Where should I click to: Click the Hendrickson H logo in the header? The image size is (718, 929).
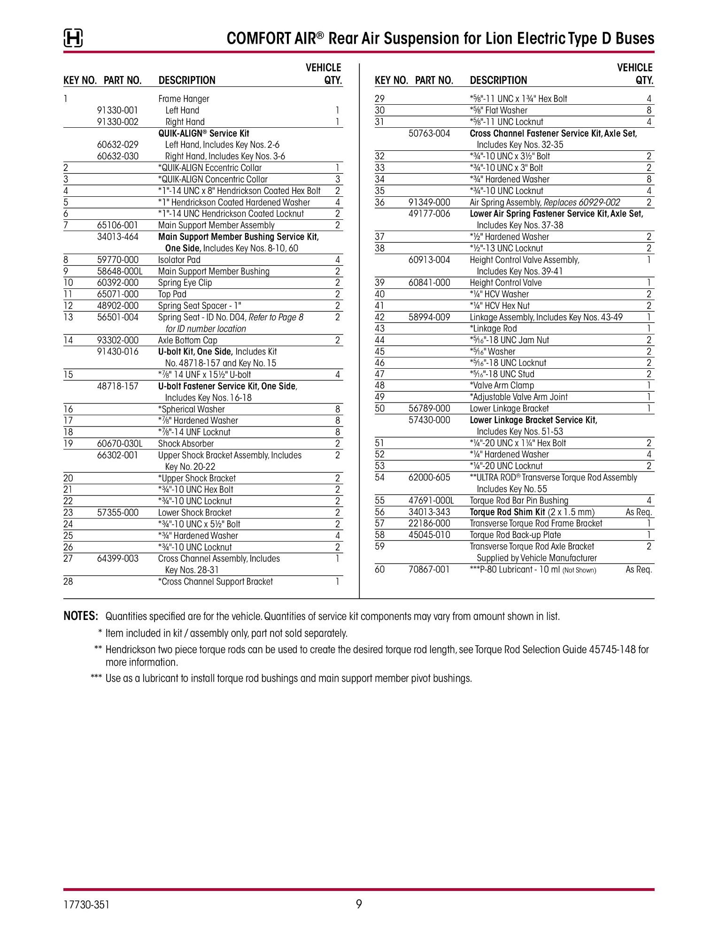(73, 38)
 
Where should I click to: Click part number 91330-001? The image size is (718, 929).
(117, 110)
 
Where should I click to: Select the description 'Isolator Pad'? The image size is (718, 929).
(179, 260)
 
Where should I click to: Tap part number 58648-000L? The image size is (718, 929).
(119, 271)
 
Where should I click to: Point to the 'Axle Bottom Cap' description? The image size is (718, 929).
(187, 340)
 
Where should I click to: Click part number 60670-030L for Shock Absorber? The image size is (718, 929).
(119, 444)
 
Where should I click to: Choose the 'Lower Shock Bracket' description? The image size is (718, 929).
(194, 512)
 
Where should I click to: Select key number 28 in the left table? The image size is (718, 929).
(68, 581)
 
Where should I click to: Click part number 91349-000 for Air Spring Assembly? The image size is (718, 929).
(429, 202)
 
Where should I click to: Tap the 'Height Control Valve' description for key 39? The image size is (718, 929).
(505, 283)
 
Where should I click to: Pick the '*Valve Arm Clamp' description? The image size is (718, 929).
(502, 386)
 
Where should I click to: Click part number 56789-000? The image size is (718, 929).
(429, 409)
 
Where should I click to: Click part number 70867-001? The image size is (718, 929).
(429, 570)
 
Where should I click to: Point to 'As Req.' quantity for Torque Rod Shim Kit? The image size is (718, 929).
(639, 512)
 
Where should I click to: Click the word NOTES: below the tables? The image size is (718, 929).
(81, 616)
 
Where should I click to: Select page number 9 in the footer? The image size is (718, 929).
(359, 904)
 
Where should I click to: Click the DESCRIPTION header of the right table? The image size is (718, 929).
(498, 80)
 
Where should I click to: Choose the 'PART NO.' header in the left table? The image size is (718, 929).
(122, 80)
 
